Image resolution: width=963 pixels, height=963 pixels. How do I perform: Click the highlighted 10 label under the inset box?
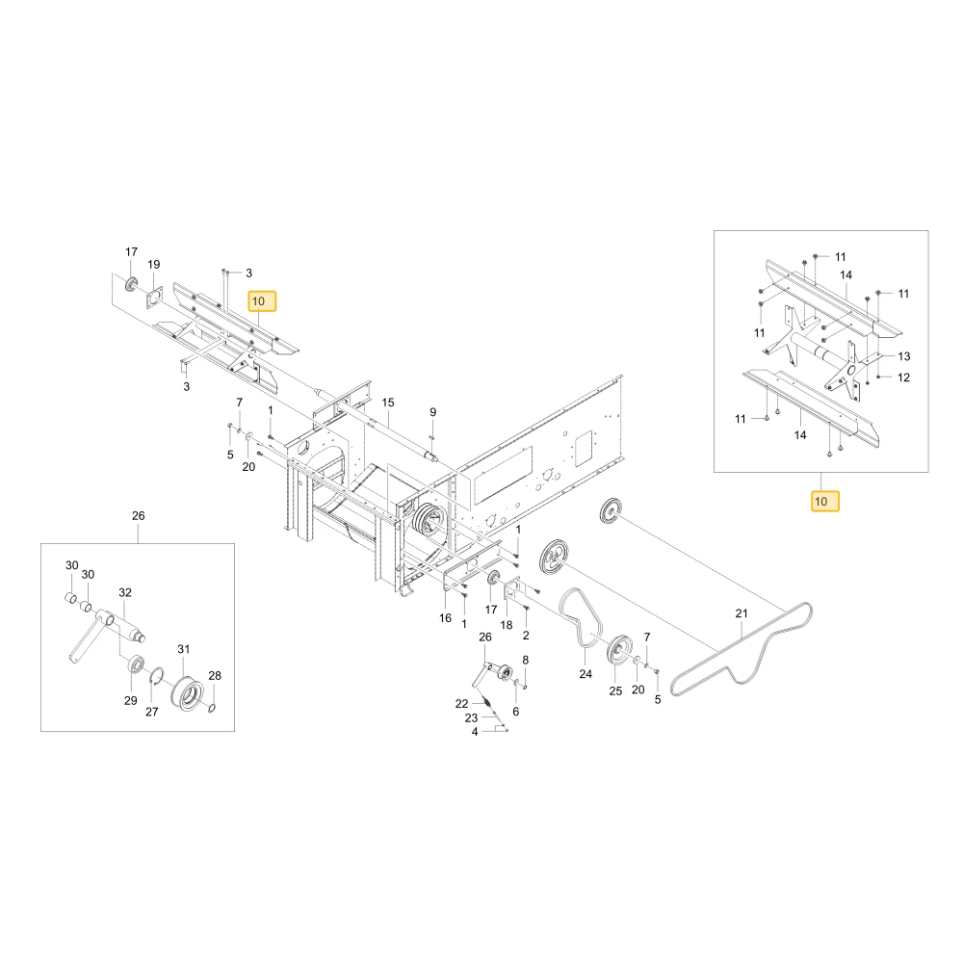click(825, 501)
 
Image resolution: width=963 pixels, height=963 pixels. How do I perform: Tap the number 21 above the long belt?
click(742, 612)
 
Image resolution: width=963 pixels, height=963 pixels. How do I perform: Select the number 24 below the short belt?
click(586, 674)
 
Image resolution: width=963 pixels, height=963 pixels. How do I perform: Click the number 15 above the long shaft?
click(387, 403)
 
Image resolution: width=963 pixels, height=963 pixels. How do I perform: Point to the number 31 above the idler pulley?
click(184, 648)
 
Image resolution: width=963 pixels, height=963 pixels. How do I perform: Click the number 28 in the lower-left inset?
click(215, 675)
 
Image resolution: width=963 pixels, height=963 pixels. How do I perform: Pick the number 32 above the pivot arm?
click(124, 592)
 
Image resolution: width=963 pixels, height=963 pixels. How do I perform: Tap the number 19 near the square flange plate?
click(153, 264)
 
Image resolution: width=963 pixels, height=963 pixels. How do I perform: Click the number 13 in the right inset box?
click(903, 356)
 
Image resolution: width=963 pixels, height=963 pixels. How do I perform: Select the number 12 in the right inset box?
click(903, 377)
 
